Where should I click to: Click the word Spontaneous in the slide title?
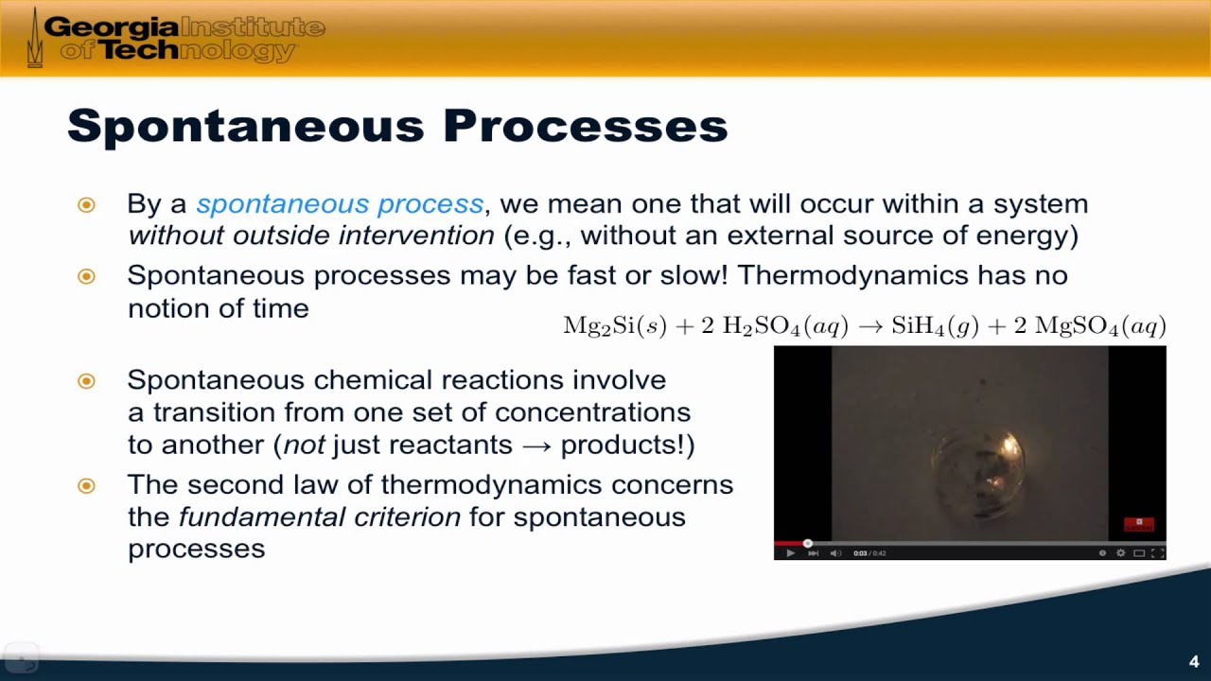click(x=246, y=127)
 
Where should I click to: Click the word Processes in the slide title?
click(x=585, y=127)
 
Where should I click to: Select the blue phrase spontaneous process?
click(x=340, y=204)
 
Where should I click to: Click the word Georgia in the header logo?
click(x=111, y=26)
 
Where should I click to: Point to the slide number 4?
click(x=1193, y=662)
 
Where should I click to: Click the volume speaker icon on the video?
click(x=835, y=553)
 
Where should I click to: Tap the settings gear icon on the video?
click(x=1121, y=553)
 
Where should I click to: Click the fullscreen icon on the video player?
click(x=1157, y=553)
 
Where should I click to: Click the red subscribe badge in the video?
click(x=1138, y=523)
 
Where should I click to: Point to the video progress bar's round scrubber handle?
click(x=807, y=544)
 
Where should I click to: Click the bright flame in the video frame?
click(x=1009, y=445)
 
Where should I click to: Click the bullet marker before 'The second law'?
click(x=86, y=486)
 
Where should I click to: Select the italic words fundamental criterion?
click(x=320, y=517)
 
